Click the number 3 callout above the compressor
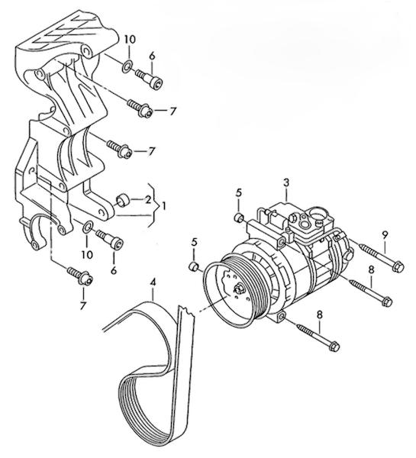pos(286,182)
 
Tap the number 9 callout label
pos(385,234)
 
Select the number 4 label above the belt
pos(153,282)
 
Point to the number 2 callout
pos(148,199)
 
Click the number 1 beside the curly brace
pos(163,206)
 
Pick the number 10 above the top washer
pos(130,39)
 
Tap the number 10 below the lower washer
pos(87,254)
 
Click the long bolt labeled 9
pos(381,256)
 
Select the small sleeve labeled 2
pos(122,200)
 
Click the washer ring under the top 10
pos(127,67)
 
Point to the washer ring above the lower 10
pos(88,227)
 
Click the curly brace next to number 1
pos(154,205)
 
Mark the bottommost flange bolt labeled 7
pos(79,276)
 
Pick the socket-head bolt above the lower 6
pos(110,239)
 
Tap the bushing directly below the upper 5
pos(239,218)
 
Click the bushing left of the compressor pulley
pos(193,267)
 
